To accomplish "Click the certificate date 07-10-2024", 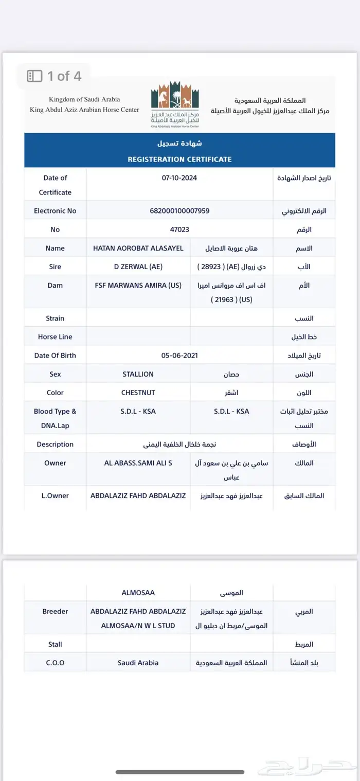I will (x=179, y=178).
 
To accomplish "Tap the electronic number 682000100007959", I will (x=179, y=211).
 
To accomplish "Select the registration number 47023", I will (x=179, y=229).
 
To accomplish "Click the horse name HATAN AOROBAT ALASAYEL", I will (x=138, y=248).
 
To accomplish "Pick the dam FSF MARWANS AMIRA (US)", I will (x=138, y=285).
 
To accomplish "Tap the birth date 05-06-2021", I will (x=179, y=356).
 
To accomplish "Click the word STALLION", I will (x=138, y=374).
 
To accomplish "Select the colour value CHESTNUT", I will (x=138, y=393).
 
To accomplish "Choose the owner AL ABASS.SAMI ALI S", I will (x=138, y=463).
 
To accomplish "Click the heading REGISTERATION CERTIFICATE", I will (x=179, y=159).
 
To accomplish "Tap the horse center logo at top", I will (x=175, y=104).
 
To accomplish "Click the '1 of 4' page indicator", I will (x=55, y=76).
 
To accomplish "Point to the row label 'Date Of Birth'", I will (x=55, y=356).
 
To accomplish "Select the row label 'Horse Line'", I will (x=55, y=337).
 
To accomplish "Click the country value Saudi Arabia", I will (x=138, y=663).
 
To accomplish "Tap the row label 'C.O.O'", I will (x=55, y=663).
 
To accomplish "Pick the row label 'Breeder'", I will (x=55, y=612).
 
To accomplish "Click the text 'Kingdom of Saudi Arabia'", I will (x=84, y=99).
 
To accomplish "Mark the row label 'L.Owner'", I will (x=55, y=496).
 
